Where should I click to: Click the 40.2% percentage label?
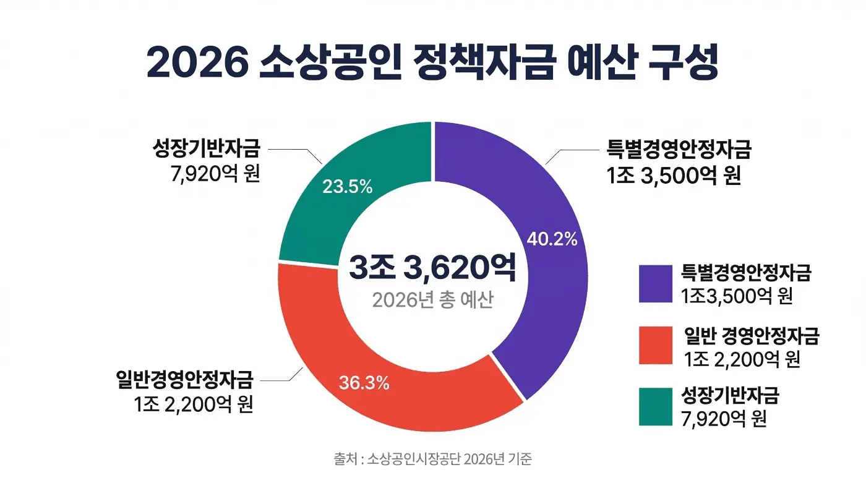551,239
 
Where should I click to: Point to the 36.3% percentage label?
364,383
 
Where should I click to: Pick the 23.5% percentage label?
347,186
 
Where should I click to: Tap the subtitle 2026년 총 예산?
432,300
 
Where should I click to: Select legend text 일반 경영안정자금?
752,336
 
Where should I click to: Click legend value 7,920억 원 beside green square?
724,419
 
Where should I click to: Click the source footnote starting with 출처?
432,459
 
